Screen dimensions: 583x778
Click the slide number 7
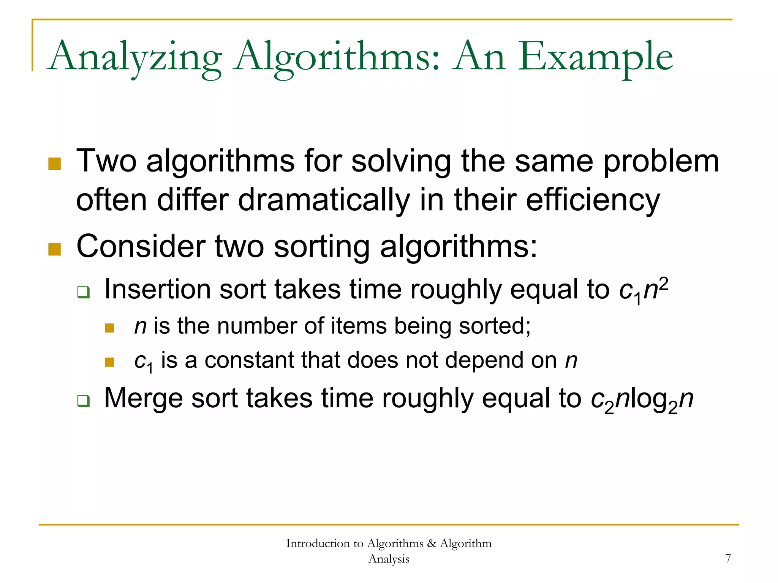(728, 558)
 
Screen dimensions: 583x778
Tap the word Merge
(143, 398)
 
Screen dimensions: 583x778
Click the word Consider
(141, 246)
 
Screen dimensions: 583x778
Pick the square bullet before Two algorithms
(55, 164)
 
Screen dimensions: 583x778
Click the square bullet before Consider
(55, 249)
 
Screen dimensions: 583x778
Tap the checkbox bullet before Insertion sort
(83, 292)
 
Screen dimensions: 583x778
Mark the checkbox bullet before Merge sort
(83, 401)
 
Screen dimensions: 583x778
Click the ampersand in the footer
(432, 544)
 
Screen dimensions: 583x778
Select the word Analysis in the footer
(389, 559)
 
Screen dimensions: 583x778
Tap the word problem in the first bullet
(661, 161)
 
